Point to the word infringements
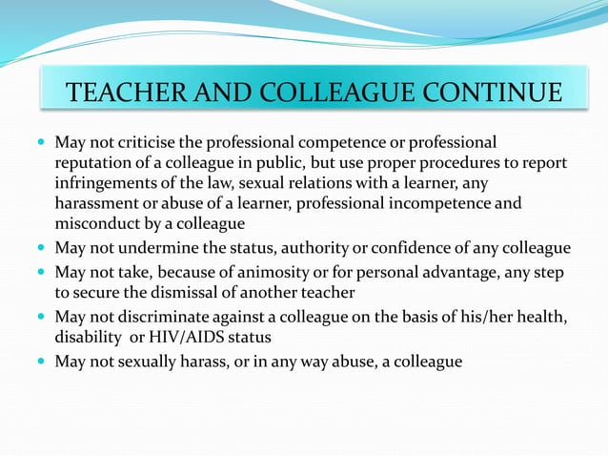[103, 183]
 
